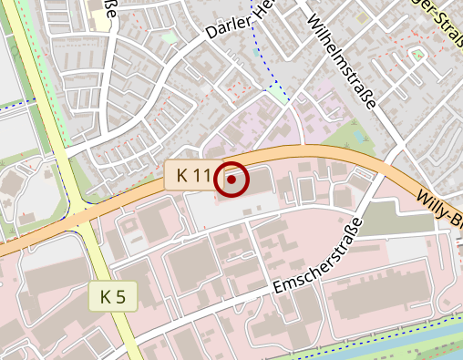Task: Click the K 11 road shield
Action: (194, 175)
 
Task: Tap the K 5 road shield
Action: (113, 296)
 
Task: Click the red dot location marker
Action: (231, 180)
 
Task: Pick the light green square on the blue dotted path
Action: (277, 93)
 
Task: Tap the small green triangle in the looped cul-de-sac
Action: (419, 56)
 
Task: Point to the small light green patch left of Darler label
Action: (170, 38)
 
